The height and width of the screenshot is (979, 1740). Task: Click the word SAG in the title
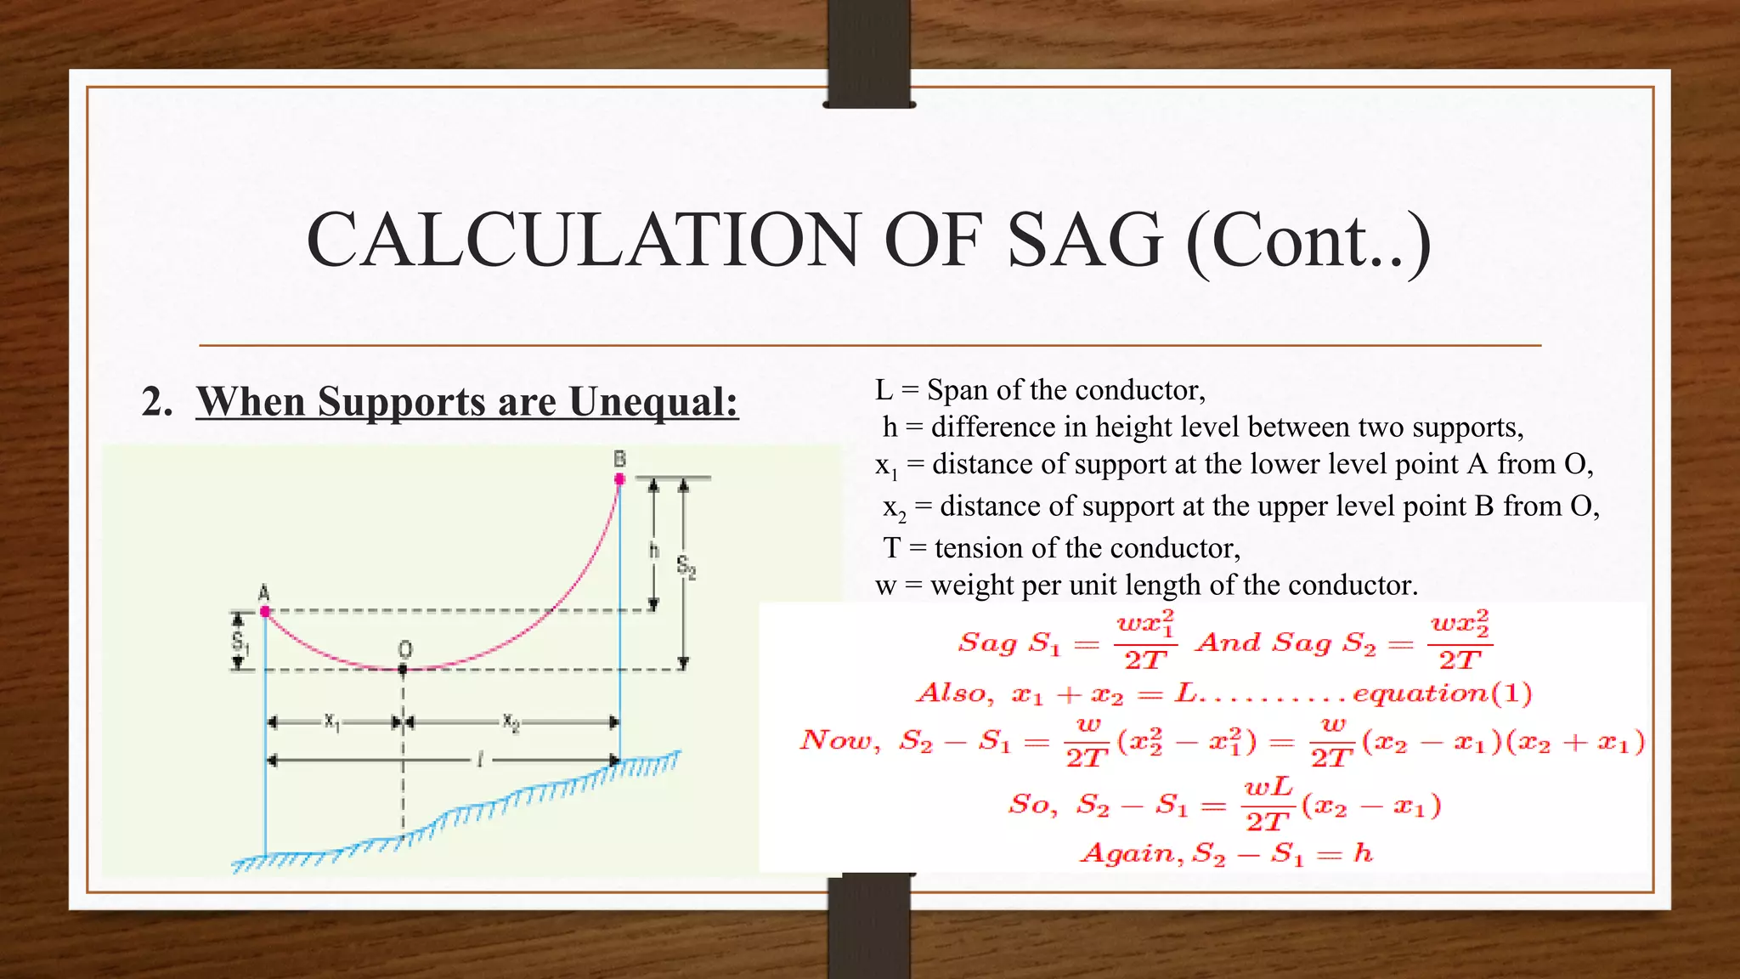(x=1084, y=241)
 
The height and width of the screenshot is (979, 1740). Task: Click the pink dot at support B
(x=619, y=479)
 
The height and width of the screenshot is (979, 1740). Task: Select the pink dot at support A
(x=265, y=611)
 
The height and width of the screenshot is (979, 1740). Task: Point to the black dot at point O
(x=403, y=670)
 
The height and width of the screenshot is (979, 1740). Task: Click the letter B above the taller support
(x=619, y=460)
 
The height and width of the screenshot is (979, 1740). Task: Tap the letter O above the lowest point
(x=404, y=650)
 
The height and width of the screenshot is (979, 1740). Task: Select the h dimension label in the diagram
(x=653, y=551)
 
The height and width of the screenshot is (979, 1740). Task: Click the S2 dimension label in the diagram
(x=686, y=566)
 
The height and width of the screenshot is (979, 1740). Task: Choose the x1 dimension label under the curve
(x=331, y=722)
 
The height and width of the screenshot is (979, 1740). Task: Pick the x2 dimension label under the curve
(x=510, y=722)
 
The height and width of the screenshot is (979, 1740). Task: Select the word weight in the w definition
(x=969, y=586)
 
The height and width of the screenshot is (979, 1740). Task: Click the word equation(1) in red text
(x=1442, y=693)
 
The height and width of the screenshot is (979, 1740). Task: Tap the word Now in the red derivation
(x=838, y=740)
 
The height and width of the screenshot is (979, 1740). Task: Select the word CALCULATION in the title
(x=583, y=241)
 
